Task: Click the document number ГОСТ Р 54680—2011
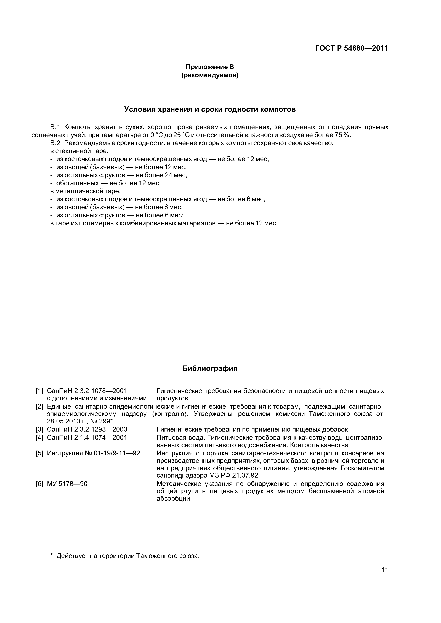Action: click(351, 48)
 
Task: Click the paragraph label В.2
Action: click(55, 143)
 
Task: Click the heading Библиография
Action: click(210, 369)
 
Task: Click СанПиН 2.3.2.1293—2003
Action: click(87, 430)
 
